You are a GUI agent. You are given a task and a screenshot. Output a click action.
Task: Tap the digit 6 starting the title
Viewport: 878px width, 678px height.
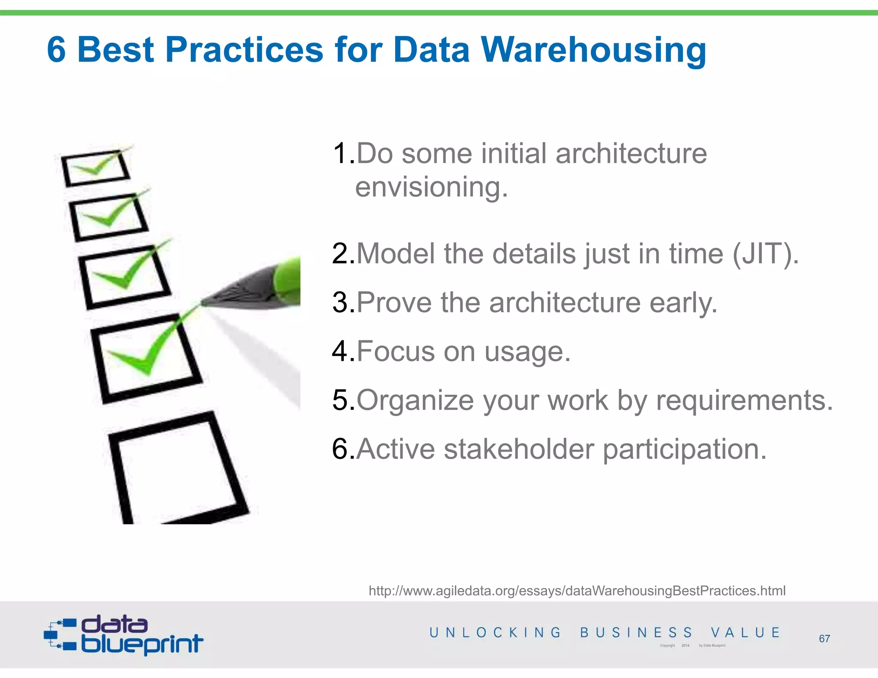tap(57, 50)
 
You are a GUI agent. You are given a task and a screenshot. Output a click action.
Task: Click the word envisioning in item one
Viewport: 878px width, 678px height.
tap(431, 188)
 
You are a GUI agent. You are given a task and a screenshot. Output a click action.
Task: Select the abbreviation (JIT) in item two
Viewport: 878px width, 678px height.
tap(765, 254)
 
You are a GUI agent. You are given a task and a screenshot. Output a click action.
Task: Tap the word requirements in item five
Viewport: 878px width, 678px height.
tap(744, 401)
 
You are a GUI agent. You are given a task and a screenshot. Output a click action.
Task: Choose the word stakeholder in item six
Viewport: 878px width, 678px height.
tap(519, 450)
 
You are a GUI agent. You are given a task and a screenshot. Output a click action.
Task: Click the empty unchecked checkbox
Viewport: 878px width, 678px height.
tap(176, 469)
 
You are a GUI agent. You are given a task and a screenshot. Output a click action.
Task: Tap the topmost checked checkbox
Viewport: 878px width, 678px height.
tap(95, 168)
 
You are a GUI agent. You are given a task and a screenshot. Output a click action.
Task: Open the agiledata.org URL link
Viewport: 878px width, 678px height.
tap(577, 591)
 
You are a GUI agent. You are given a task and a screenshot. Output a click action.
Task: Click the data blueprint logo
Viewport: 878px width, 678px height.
tap(123, 635)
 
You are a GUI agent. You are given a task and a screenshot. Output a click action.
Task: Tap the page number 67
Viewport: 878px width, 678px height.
tap(824, 639)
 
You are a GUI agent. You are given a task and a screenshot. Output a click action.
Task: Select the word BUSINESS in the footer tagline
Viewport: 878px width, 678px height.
tap(636, 633)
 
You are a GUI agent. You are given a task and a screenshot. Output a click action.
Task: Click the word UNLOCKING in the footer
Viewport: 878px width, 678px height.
tap(495, 633)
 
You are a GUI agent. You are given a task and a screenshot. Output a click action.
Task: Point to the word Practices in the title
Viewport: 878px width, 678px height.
tap(244, 50)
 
